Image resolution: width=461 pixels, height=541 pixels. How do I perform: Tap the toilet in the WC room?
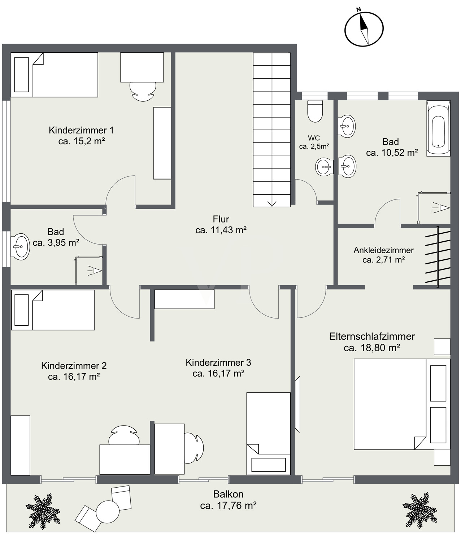pyautogui.click(x=315, y=111)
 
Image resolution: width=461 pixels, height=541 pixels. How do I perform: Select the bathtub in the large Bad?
pyautogui.click(x=438, y=128)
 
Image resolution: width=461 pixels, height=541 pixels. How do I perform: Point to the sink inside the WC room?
pyautogui.click(x=325, y=167)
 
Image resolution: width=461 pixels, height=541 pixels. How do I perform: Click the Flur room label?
pyautogui.click(x=221, y=219)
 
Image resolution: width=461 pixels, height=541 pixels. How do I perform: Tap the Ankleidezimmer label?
pyautogui.click(x=383, y=250)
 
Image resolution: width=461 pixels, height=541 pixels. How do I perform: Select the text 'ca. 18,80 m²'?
pyautogui.click(x=372, y=348)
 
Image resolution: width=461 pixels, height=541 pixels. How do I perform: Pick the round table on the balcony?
pyautogui.click(x=108, y=512)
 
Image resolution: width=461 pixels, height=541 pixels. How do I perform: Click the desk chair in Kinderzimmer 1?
pyautogui.click(x=143, y=91)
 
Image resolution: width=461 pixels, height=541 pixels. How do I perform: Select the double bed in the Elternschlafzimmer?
pyautogui.click(x=402, y=404)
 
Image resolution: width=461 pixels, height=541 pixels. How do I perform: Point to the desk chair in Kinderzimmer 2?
pyautogui.click(x=124, y=436)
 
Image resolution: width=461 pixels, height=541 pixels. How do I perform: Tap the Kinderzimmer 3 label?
pyautogui.click(x=218, y=362)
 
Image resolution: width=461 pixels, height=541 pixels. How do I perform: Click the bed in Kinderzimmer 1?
pyautogui.click(x=54, y=75)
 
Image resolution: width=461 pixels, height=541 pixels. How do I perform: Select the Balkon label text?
pyautogui.click(x=228, y=494)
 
